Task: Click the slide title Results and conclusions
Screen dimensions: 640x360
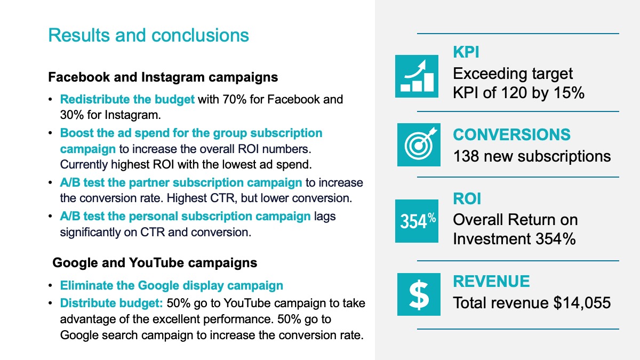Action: [x=149, y=35]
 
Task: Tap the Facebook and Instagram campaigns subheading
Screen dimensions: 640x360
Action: [x=163, y=77]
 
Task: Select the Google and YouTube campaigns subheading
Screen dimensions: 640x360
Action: [x=155, y=263]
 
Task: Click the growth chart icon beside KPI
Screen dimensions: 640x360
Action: [x=417, y=76]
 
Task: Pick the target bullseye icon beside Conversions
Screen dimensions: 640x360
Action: [x=419, y=145]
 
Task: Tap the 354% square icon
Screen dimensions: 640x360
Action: [x=417, y=221]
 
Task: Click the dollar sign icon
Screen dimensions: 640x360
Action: [x=419, y=294]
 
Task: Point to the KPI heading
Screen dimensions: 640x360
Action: [x=466, y=52]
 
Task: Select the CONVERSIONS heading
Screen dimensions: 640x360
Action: [x=511, y=134]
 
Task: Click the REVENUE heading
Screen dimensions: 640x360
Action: [x=491, y=281]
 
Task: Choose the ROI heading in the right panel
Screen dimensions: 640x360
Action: [x=467, y=198]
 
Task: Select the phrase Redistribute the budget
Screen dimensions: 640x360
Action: [x=127, y=99]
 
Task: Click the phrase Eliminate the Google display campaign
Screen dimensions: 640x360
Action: [x=171, y=285]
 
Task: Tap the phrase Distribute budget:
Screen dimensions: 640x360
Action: [x=111, y=303]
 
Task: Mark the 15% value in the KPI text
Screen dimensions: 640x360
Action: [x=569, y=93]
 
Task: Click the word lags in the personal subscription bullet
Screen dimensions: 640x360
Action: [x=325, y=217]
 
